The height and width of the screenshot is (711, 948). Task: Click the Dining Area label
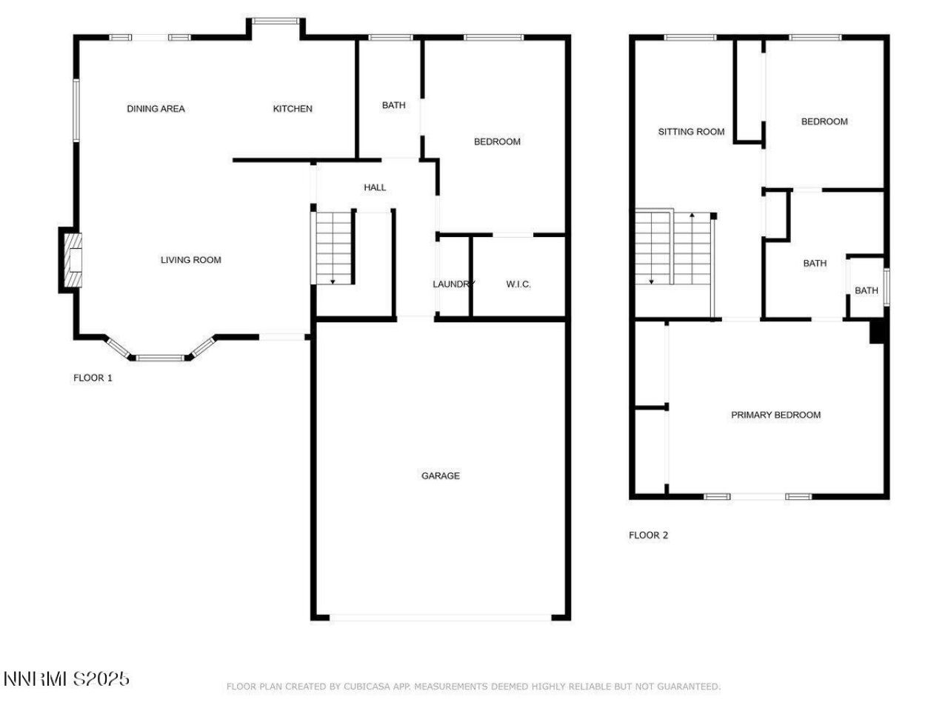pos(156,109)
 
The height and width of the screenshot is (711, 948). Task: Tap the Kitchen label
pos(293,109)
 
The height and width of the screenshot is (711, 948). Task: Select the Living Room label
pos(190,260)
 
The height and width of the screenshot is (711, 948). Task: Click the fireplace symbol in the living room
pos(72,260)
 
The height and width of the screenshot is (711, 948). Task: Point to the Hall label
pos(375,187)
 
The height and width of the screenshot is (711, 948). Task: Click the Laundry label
pos(453,284)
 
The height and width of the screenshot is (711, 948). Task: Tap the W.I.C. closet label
pos(518,284)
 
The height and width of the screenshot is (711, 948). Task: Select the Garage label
pos(441,475)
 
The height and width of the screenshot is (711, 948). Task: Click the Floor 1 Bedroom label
pos(497,141)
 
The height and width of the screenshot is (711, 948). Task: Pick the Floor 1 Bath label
pos(393,105)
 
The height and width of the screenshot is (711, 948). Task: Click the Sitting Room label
pos(691,132)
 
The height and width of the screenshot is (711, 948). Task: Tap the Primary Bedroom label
pos(775,415)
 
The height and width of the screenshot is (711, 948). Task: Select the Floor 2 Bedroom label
pos(824,121)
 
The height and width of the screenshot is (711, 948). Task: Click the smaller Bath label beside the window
pos(866,290)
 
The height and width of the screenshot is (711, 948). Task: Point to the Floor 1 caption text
pos(93,378)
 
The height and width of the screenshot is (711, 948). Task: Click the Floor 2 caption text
pos(648,535)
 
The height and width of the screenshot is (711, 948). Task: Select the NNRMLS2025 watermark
pos(67,678)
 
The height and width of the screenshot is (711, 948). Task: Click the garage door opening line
pos(441,616)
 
